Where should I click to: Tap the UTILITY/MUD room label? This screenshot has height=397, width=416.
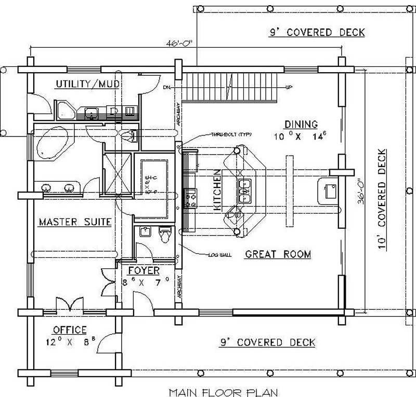pos(88,84)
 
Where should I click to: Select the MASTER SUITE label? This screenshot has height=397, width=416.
pos(75,222)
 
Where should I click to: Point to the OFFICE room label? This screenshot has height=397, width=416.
pos(70,330)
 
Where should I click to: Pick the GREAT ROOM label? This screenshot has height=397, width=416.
pos(278,254)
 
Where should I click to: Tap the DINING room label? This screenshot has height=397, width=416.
pos(301,124)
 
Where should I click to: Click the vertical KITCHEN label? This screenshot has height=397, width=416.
pos(218,193)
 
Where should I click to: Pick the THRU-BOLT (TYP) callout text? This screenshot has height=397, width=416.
pos(230,134)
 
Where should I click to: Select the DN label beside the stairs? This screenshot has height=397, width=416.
pos(167,87)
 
